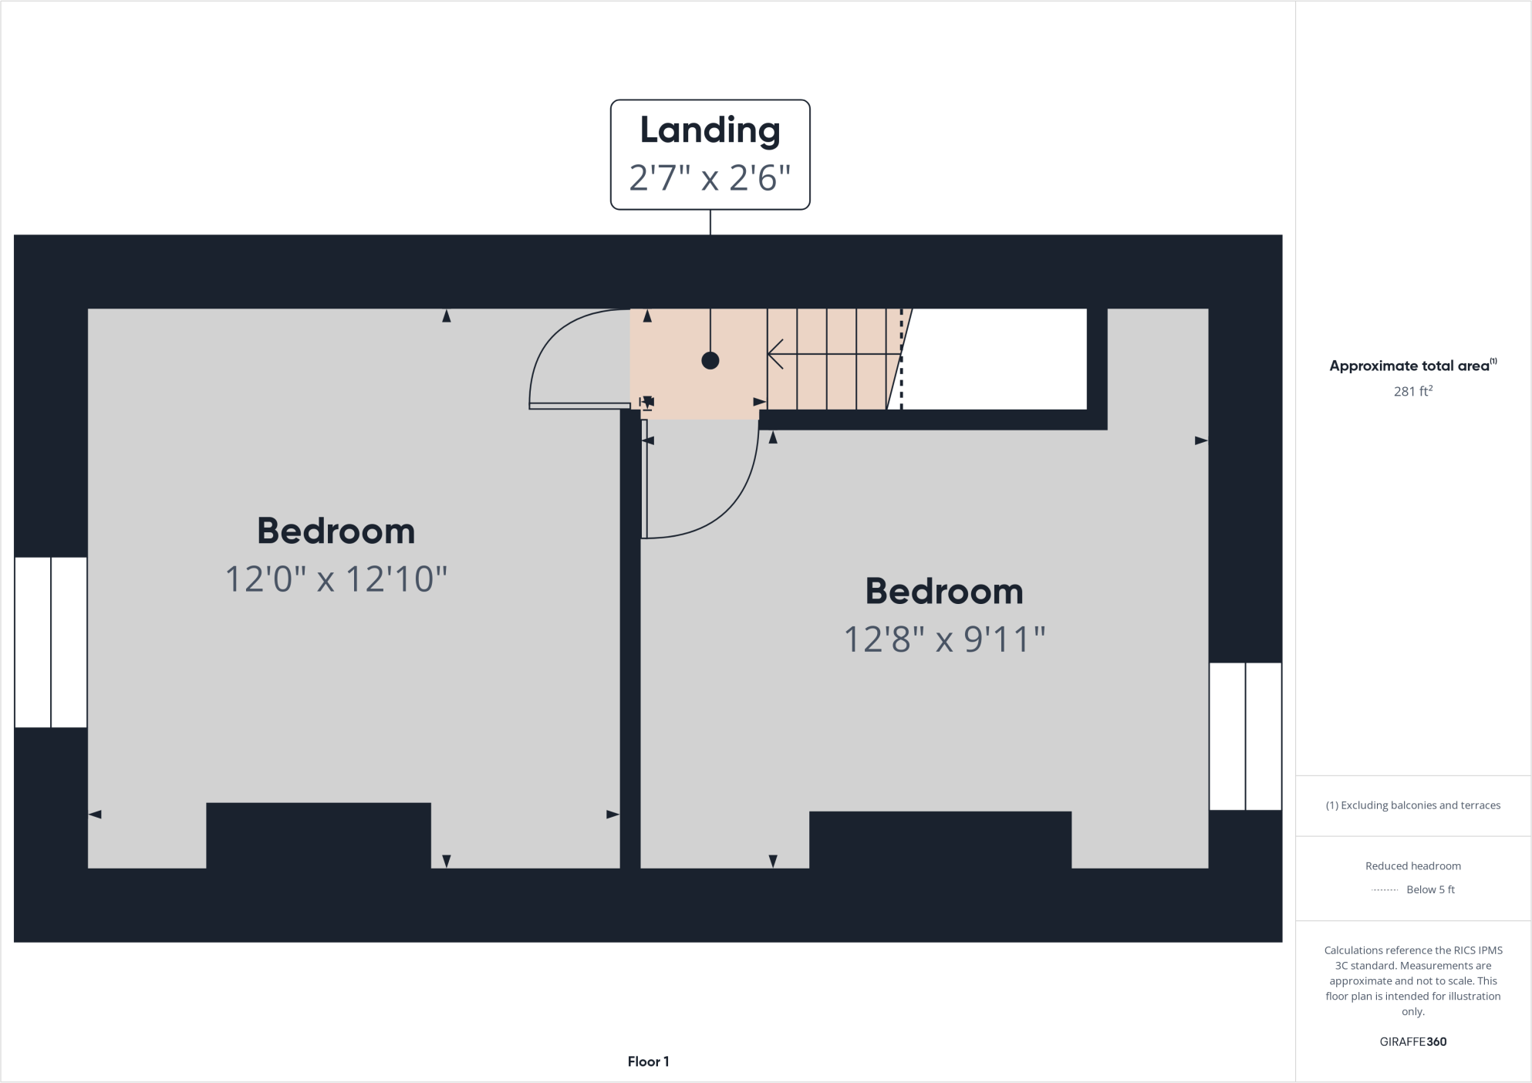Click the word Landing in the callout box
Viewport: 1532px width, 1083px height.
[x=710, y=130]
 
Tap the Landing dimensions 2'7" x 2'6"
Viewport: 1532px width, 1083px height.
[x=710, y=178]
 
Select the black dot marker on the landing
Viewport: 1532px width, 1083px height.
[x=710, y=360]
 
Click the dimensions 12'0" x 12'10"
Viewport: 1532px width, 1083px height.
[x=336, y=579]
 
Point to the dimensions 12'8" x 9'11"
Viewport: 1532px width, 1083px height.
[x=944, y=639]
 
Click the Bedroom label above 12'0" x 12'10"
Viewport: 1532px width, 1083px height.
[x=336, y=531]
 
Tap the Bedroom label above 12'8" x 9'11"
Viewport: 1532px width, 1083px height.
[x=944, y=592]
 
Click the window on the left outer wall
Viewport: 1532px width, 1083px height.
[x=51, y=642]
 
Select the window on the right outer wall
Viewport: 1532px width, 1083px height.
[x=1245, y=736]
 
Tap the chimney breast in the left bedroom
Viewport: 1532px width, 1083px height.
[x=318, y=835]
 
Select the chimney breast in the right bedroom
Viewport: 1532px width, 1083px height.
[x=940, y=839]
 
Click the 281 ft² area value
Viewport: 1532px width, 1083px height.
[x=1412, y=392]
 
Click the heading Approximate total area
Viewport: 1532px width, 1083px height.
[x=1409, y=366]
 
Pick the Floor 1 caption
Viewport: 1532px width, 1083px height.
[x=648, y=1061]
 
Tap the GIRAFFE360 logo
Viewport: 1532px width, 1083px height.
[x=1412, y=1041]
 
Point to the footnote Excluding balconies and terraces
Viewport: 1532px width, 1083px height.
[x=1412, y=805]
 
